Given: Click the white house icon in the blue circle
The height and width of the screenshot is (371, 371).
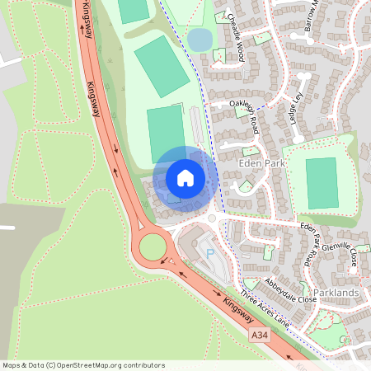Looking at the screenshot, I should (185, 177).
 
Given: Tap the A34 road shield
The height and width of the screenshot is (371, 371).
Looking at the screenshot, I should (260, 334).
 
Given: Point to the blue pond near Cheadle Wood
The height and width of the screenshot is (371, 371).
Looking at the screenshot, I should (200, 39).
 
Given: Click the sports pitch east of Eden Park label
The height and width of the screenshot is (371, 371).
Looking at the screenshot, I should (322, 183).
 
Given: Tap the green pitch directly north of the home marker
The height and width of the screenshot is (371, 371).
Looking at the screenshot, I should (167, 132).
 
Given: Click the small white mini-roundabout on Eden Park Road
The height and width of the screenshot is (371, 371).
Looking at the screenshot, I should (212, 218).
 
